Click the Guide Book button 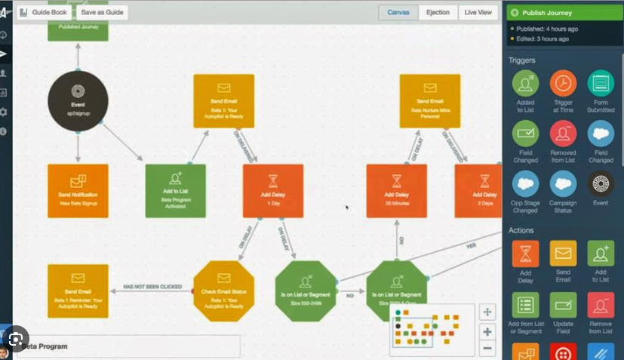(x=45, y=12)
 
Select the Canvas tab (x=398, y=12)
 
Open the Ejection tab (x=438, y=12)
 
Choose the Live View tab (x=478, y=12)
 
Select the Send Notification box (x=78, y=191)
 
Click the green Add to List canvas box (x=175, y=191)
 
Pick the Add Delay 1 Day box (x=273, y=191)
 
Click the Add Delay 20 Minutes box (x=396, y=191)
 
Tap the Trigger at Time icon (x=563, y=83)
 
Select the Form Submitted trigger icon (x=601, y=83)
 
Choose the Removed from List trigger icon (x=563, y=134)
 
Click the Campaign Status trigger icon (x=563, y=184)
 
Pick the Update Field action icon (x=563, y=305)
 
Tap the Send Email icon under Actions (x=563, y=254)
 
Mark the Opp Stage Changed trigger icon (x=525, y=184)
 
